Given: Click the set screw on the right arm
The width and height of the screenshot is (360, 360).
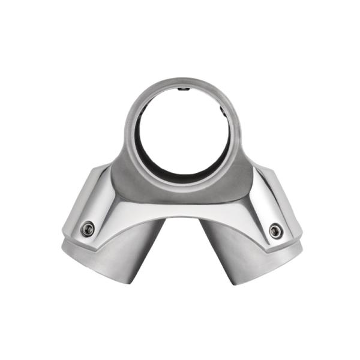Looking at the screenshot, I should point(275,230).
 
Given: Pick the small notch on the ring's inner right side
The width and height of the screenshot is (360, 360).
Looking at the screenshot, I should point(223,112).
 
